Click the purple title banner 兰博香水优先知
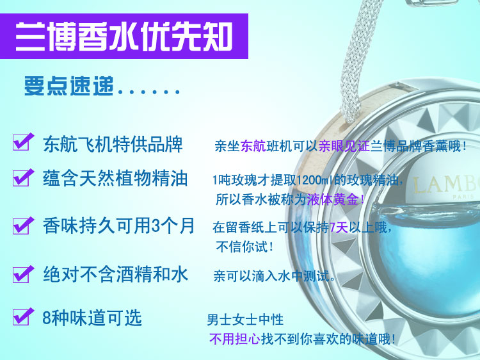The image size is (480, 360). pyautogui.click(x=124, y=36)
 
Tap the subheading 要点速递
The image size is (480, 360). pyautogui.click(x=69, y=86)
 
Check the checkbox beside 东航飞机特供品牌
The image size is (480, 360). pyautogui.click(x=21, y=142)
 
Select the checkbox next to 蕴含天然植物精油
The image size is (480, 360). pyautogui.click(x=21, y=177)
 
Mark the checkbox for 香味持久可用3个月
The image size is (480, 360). pyautogui.click(x=21, y=226)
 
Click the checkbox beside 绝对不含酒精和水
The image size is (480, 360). pyautogui.click(x=21, y=274)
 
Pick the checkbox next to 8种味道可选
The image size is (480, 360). pyautogui.click(x=21, y=317)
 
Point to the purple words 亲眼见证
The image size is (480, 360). pyautogui.click(x=344, y=146)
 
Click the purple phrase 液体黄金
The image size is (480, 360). pyautogui.click(x=332, y=199)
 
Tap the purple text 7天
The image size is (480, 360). pyautogui.click(x=339, y=227)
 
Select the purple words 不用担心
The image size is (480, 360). pyautogui.click(x=235, y=339)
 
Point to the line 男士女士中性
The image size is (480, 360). pyautogui.click(x=245, y=320)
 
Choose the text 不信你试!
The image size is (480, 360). pyautogui.click(x=244, y=247)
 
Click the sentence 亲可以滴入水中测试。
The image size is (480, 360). pyautogui.click(x=275, y=276)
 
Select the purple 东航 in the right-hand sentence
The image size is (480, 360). pyautogui.click(x=253, y=146)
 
